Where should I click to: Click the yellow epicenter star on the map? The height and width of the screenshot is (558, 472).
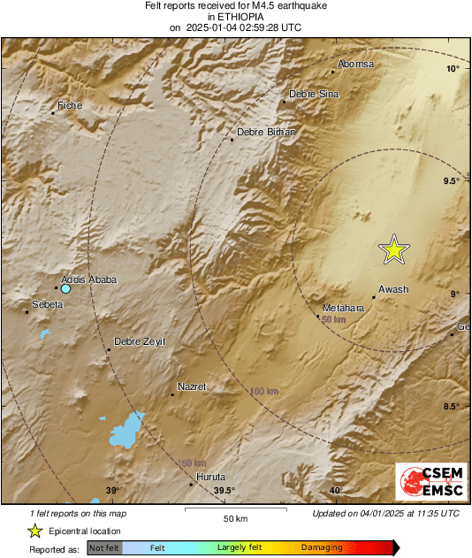coord(394,250)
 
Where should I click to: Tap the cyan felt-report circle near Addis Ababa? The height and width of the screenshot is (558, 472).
coord(65,288)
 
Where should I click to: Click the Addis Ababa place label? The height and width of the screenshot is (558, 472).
coord(88,279)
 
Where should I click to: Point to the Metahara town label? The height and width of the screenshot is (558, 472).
coord(344,308)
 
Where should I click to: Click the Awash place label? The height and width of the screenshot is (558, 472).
coord(392,289)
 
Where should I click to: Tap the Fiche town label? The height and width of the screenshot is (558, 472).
coord(70,106)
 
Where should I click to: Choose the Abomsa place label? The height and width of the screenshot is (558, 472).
coord(357,65)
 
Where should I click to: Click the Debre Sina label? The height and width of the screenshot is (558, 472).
coord(314,94)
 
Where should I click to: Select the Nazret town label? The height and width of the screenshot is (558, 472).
coord(192,387)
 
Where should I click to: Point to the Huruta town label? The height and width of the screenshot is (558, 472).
coord(210,477)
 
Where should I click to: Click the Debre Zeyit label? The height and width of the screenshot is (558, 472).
coord(140,341)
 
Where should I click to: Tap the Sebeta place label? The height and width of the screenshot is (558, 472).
coord(47,304)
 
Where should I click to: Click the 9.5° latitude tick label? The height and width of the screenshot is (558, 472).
coord(451,181)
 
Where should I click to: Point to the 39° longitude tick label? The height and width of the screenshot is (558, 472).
coord(112,491)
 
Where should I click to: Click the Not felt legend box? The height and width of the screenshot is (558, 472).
coord(105,548)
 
